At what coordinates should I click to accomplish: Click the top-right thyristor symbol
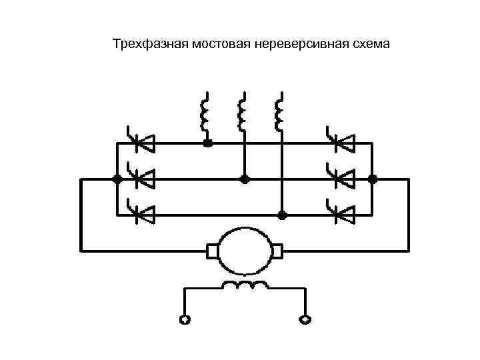pyautogui.click(x=341, y=142)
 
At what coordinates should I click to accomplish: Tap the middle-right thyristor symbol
pyautogui.click(x=341, y=178)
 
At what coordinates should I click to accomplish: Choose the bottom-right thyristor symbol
pyautogui.click(x=341, y=215)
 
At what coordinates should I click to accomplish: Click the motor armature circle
pyautogui.click(x=245, y=251)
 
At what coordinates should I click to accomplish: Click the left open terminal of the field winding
pyautogui.click(x=185, y=319)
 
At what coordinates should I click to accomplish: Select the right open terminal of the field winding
pyautogui.click(x=305, y=319)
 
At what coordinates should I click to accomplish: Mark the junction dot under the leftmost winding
pyautogui.click(x=208, y=143)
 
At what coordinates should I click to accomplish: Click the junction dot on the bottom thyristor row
pyautogui.click(x=282, y=215)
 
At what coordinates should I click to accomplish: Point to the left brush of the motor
pyautogui.click(x=213, y=251)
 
